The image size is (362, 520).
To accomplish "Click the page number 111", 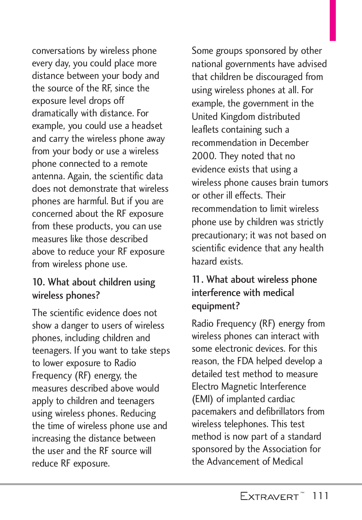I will coord(320,496).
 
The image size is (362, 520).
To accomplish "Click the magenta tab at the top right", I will coord(332,20).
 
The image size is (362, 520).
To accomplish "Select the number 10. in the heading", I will coord(39,282).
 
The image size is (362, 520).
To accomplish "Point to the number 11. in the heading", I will coord(197,280).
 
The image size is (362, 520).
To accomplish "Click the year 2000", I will coord(204,156).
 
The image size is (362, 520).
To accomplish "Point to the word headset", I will coord(147,126).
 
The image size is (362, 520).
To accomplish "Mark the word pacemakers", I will coord(214,412).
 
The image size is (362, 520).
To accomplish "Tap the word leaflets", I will coord(205,130).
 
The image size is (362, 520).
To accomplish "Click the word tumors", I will coord(315,183).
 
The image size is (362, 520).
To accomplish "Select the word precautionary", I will coord(219,235).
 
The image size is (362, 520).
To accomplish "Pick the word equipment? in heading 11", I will coord(216,306).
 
